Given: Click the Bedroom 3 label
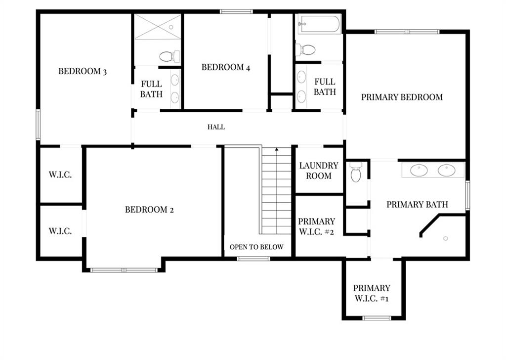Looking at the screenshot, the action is click(x=83, y=71).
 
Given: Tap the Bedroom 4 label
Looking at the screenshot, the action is click(x=225, y=67).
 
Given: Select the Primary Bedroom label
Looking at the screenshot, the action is click(x=402, y=97).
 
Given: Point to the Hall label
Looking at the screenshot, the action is click(x=216, y=127).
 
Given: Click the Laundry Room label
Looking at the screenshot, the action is click(x=319, y=171).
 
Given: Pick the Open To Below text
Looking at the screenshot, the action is click(x=256, y=247).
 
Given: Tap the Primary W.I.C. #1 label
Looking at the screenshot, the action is click(x=372, y=293).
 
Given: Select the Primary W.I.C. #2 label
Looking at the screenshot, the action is click(x=316, y=226).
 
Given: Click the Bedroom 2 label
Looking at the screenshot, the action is click(x=149, y=210).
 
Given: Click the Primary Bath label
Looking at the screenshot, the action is click(x=417, y=204).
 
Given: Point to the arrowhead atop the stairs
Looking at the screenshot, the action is click(x=277, y=149).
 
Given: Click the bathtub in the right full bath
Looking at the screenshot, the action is click(x=319, y=24).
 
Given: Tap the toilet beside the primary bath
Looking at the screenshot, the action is click(x=356, y=172).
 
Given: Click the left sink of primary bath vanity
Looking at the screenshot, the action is click(x=419, y=170).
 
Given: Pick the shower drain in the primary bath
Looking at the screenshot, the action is click(x=446, y=238).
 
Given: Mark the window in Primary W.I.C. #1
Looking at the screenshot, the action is click(x=377, y=318).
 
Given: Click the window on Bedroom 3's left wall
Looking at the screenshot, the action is click(x=38, y=125).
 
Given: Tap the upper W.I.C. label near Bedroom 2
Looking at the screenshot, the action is click(x=60, y=175).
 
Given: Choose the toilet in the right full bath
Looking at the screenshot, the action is click(x=305, y=50).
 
